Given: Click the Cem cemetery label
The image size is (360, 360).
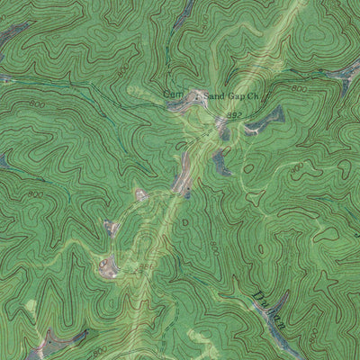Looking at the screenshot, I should point(172,92).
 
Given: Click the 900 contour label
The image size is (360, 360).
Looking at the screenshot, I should point(296,168).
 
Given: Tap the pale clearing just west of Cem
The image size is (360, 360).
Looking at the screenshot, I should point(139,90).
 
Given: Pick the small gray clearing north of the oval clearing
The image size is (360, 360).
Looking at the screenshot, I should point(112,228).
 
